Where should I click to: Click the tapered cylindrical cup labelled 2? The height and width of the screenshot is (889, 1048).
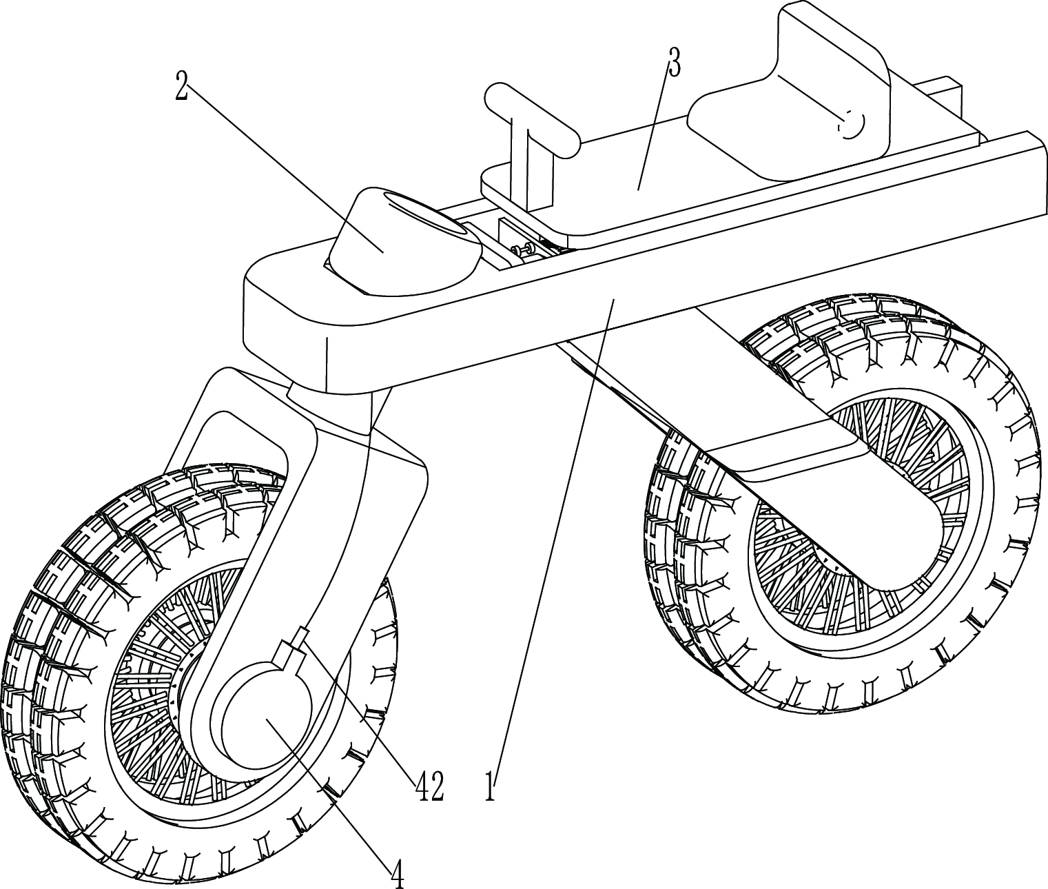(400, 241)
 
